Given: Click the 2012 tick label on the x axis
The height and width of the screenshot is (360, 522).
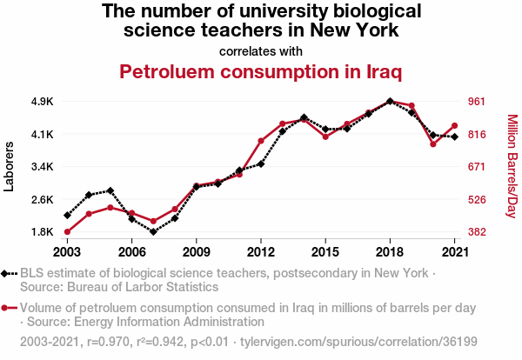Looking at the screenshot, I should tap(261, 251).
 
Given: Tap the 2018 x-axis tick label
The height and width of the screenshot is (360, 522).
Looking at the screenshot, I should tap(390, 251).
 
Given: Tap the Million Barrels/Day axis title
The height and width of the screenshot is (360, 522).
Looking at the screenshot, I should tap(512, 166).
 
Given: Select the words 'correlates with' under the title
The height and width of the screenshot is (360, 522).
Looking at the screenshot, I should tap(261, 50).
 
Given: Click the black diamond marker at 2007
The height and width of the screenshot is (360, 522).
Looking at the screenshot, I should tap(153, 232).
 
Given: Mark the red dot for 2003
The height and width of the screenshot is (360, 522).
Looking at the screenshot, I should tap(67, 232).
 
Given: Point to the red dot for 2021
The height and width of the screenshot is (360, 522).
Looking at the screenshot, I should tap(455, 126).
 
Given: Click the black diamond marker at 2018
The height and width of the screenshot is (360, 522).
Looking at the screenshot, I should tap(390, 101).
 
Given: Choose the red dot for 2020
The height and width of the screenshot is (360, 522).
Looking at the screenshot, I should tap(433, 144).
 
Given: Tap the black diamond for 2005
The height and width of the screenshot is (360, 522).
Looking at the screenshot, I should tap(110, 190).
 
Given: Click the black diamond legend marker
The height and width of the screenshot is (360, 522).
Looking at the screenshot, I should tap(7, 273).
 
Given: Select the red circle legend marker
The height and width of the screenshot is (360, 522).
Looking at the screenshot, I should tap(7, 308).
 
